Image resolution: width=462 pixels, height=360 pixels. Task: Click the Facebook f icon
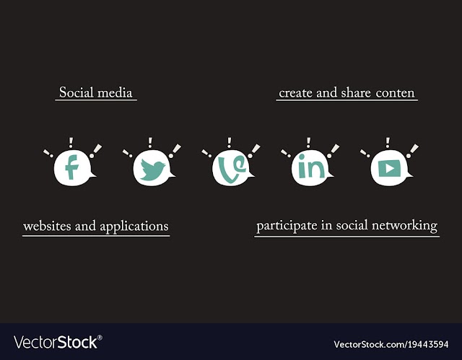click(71, 167)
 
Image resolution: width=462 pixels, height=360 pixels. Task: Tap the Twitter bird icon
click(152, 170)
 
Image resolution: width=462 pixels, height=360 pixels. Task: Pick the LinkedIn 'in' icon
click(311, 167)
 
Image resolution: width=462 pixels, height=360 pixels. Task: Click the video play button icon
click(390, 168)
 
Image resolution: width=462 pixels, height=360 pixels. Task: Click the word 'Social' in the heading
click(77, 92)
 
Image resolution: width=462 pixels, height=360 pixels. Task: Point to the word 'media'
click(115, 92)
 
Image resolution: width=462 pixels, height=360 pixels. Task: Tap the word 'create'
click(295, 93)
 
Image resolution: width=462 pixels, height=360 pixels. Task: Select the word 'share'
click(356, 92)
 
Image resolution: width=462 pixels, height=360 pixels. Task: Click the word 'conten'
click(395, 93)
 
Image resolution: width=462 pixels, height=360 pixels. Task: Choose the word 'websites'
click(47, 226)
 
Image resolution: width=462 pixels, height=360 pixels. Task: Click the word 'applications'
click(134, 227)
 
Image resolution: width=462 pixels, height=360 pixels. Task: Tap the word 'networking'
click(404, 226)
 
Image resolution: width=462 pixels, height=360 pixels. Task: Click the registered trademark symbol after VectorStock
click(100, 338)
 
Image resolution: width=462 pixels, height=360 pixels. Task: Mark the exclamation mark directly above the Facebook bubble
click(71, 142)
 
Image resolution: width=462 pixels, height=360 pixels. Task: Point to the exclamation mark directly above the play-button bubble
click(388, 142)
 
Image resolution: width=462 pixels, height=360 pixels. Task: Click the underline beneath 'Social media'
click(96, 100)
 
